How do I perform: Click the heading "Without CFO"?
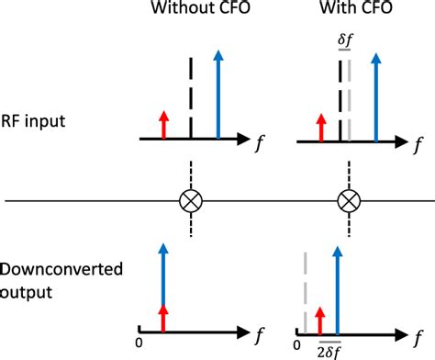point(191,13)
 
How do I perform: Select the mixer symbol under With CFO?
point(349,200)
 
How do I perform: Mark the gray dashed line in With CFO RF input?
point(350,101)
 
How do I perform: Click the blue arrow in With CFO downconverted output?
point(338,285)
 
